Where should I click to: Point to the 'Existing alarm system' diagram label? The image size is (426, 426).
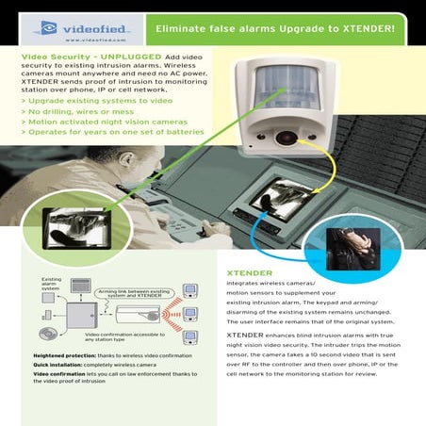[x=52, y=285]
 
